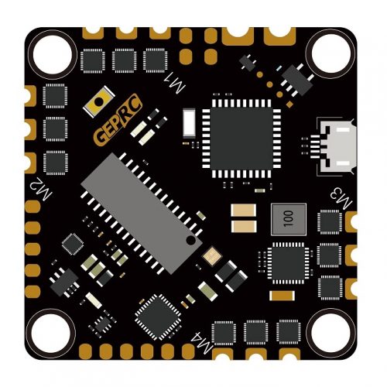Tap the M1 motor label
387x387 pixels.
pos(175,83)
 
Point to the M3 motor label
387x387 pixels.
pos(341,198)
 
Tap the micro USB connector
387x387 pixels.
pos(335,146)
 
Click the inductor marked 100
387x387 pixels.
pos(289,219)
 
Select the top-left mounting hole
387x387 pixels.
pos(53,54)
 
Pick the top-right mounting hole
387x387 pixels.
pos(331,53)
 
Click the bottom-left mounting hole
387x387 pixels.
pos(52,333)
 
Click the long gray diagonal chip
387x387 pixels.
pos(142,214)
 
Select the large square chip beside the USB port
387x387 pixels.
pos(241,139)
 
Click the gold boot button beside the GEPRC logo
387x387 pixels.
pos(98,102)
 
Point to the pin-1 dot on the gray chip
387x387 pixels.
pos(190,241)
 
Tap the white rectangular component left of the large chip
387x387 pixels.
pos(190,123)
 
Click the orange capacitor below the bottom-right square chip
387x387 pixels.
pos(282,296)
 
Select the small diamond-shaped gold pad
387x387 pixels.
pos(289,104)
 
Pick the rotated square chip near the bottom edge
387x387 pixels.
pos(158,317)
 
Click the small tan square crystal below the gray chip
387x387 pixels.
pos(212,256)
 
